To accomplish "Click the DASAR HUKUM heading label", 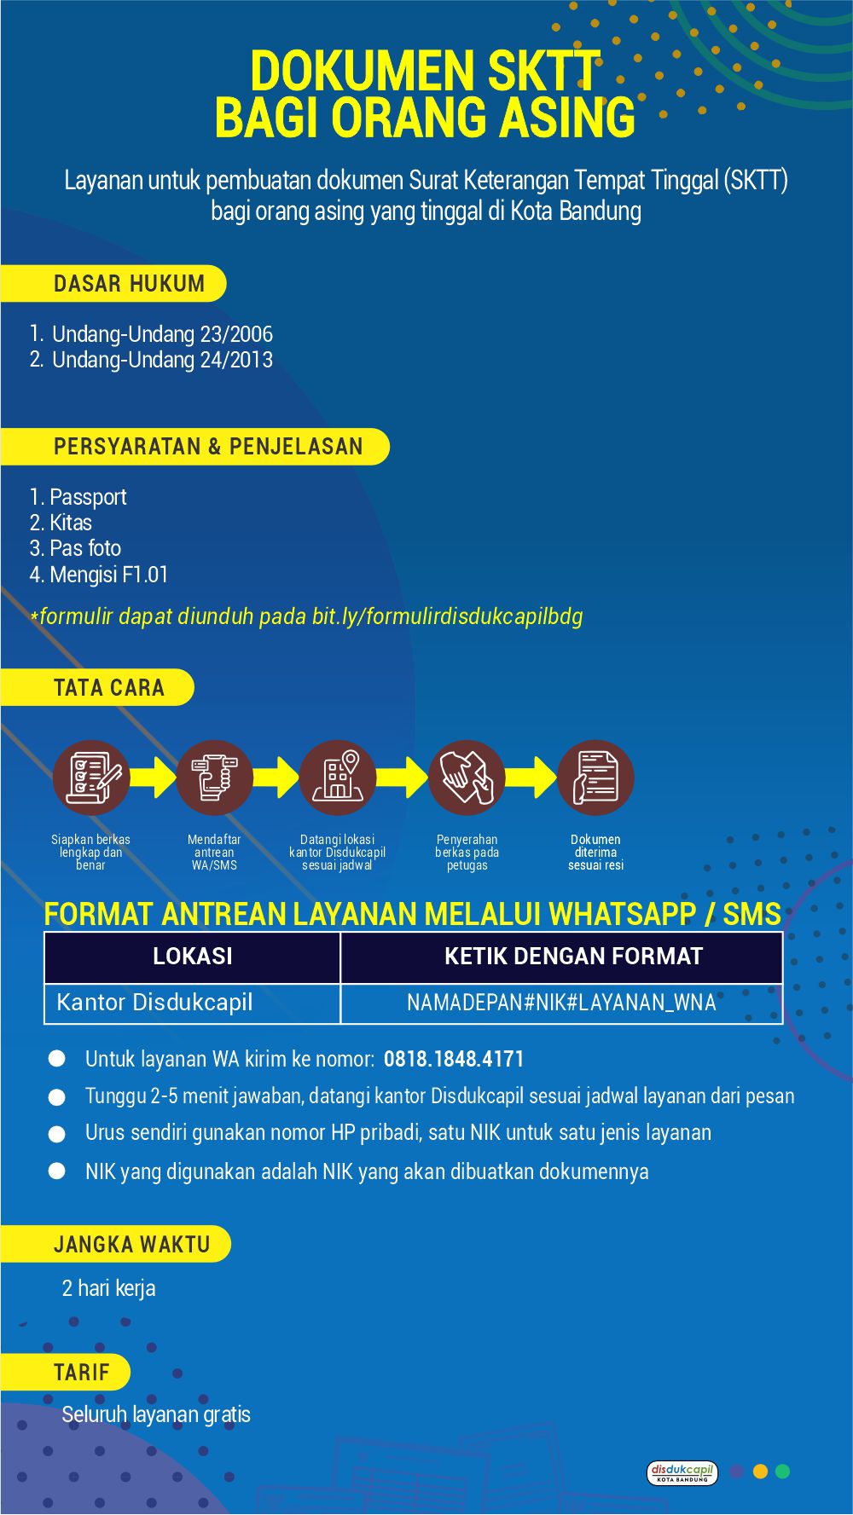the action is point(129,284).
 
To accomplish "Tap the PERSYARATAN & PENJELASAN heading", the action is point(208,447).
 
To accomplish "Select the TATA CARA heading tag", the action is point(108,688).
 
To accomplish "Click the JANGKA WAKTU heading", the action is point(131,1245).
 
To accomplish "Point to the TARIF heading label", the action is point(82,1373).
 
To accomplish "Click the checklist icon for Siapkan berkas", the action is point(90,778).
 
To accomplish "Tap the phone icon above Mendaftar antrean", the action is point(214,778).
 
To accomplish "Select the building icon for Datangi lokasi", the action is point(338,778).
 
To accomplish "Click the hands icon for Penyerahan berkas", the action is point(467,778).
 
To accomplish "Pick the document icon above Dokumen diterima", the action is point(595,778).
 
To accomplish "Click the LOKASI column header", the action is point(192,957).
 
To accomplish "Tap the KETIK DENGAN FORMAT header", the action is point(573,957).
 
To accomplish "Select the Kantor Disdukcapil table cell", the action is point(154,1003).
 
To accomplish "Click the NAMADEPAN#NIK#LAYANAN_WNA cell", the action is point(561,1003).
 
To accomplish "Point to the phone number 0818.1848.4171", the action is point(454,1060).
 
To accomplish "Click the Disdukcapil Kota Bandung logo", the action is point(682,1472).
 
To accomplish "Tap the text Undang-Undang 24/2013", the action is point(162,360).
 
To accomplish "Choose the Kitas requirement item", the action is point(70,523).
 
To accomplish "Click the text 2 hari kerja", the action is point(108,1288).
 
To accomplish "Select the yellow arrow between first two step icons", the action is point(154,778).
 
